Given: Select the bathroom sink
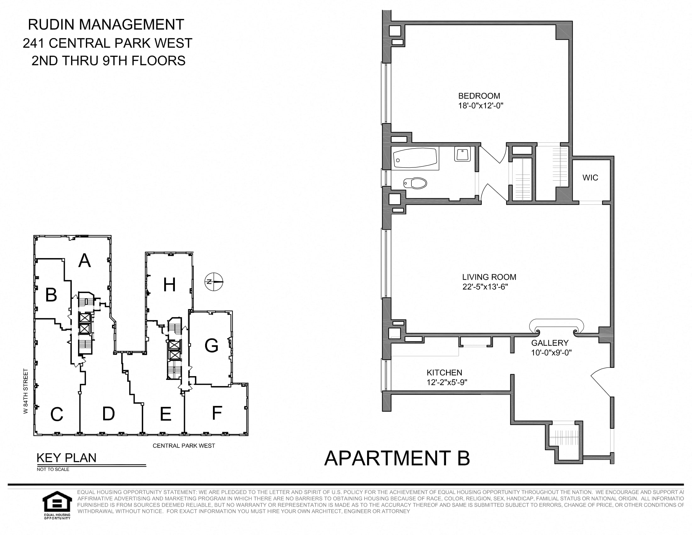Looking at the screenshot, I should point(462,154).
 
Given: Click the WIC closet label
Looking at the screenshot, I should point(590,178).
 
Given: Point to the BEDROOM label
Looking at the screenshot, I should point(479,96).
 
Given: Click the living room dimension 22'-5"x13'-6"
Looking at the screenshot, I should point(485,287).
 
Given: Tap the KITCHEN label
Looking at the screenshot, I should point(444,373).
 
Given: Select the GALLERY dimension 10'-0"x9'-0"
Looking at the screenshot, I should point(551,353).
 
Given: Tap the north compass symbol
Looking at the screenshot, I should point(214,281).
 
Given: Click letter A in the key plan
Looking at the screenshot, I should point(85,261).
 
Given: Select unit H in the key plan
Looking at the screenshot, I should point(170,284).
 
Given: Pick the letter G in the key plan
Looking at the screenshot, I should point(211,346).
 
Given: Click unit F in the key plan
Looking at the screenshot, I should point(217,413).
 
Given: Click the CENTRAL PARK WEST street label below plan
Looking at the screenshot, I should point(184,446).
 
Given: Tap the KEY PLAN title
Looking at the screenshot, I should point(67,458).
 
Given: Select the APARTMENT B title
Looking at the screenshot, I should point(397,458).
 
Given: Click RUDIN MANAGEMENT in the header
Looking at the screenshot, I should point(106,25).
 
